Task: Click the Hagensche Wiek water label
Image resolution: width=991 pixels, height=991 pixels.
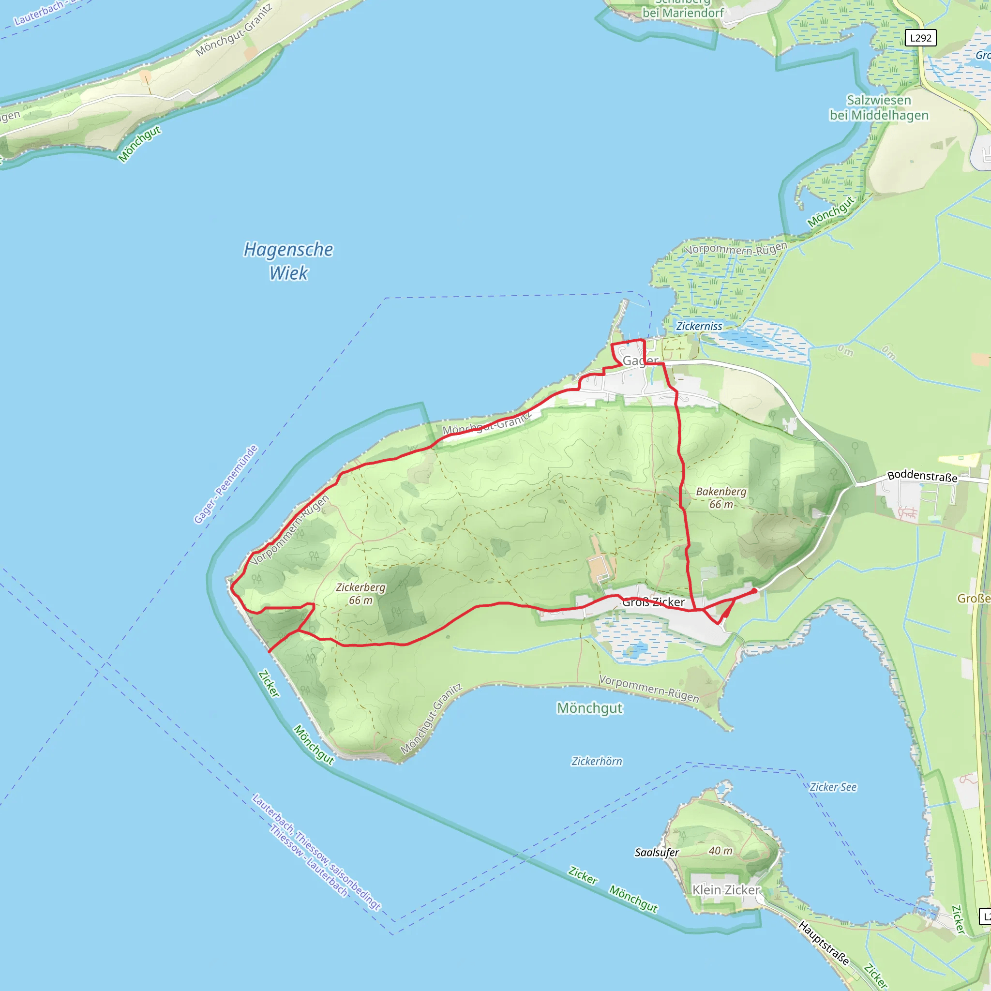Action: pos(288,261)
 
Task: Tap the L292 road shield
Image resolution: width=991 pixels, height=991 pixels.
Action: pos(921,38)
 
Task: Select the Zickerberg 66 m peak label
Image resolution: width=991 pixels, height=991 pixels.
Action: pos(360,593)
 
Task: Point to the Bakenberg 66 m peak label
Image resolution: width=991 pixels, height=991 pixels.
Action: pos(721,497)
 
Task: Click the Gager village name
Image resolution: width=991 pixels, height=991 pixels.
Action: pos(640,360)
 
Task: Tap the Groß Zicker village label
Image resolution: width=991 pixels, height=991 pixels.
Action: pos(653,602)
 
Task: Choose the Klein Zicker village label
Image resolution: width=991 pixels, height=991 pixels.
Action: pos(726,890)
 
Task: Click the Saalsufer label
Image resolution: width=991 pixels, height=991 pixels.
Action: pos(657,853)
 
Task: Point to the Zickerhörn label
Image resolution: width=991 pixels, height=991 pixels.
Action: pos(597,761)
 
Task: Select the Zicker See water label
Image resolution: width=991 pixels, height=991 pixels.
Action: pos(833,787)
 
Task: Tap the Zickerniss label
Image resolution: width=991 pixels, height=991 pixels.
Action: pos(699,326)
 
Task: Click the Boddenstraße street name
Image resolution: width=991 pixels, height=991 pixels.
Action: pos(922,476)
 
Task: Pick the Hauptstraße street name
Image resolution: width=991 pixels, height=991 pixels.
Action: pos(824,943)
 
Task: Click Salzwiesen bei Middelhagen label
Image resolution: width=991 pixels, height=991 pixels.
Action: pos(879,108)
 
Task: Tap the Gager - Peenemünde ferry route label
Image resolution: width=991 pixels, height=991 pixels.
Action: pos(225,484)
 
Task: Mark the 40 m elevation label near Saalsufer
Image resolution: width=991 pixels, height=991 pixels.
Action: pos(720,851)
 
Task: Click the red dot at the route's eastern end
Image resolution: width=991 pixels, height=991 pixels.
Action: pos(754,591)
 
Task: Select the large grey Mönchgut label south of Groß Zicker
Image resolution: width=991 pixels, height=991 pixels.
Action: pos(589,708)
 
